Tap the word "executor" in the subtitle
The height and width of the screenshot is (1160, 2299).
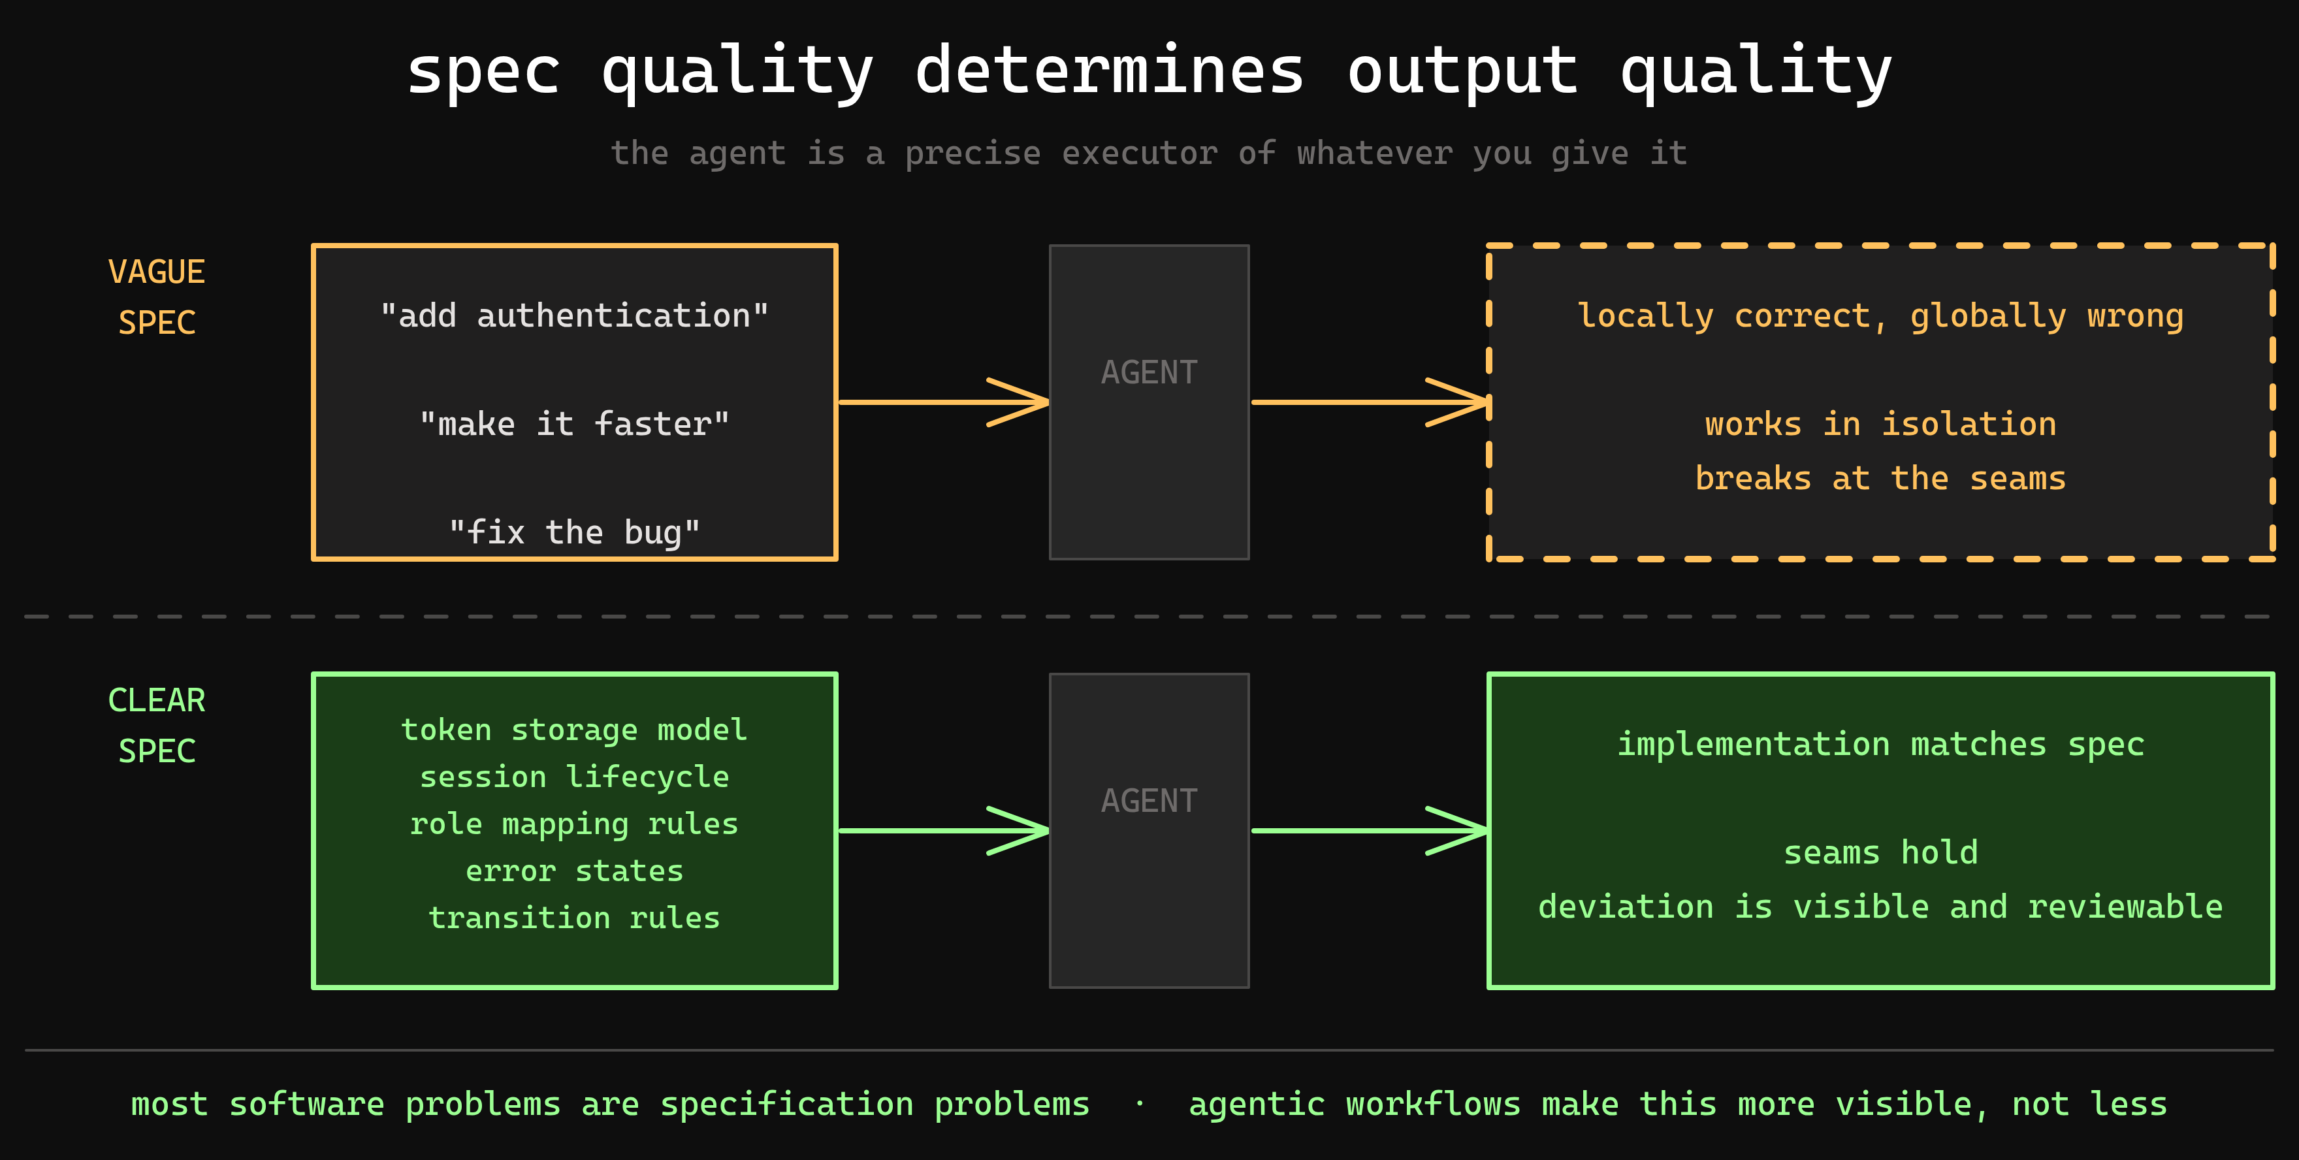[1139, 153]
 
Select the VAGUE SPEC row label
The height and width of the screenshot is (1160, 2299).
[156, 297]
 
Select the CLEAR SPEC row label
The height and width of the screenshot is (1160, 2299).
[156, 724]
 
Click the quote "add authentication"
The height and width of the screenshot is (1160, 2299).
[574, 316]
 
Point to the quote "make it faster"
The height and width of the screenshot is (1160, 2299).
[574, 424]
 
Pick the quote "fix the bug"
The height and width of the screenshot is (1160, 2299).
[574, 532]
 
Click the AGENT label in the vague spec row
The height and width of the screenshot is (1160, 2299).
[1149, 372]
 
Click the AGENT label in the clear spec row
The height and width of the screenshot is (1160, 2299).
[1149, 800]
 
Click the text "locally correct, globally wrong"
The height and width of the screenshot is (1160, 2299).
[1880, 316]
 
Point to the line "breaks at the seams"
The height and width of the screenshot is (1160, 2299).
[1880, 478]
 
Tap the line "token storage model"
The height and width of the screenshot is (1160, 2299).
[574, 730]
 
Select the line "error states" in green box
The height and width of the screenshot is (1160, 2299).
[574, 871]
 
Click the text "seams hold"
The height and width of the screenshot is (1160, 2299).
[1880, 852]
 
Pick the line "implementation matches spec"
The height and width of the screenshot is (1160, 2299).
[1880, 744]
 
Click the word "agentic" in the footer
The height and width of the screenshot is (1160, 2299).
[1256, 1104]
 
